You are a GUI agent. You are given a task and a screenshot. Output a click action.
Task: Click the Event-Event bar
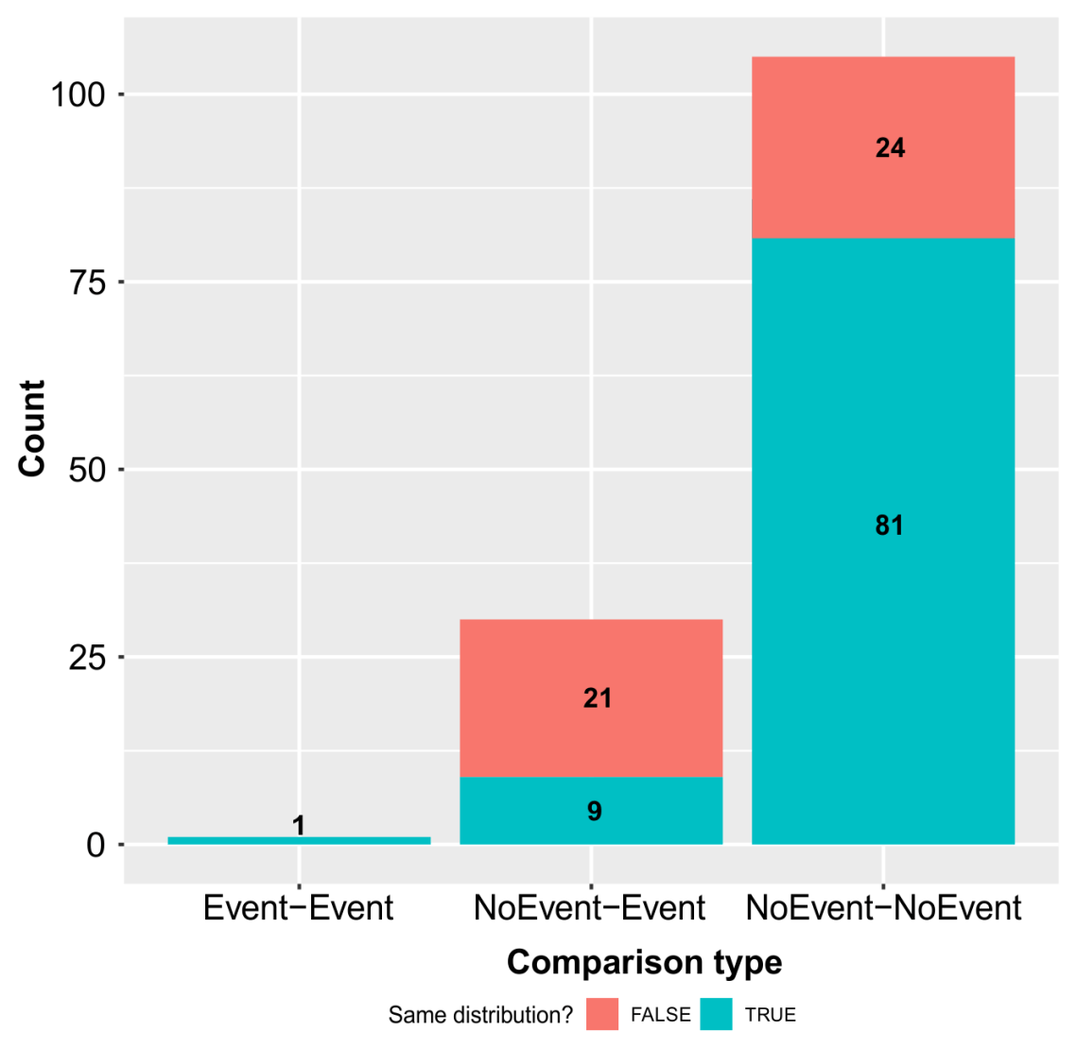299,840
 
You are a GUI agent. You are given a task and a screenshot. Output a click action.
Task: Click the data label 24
890,147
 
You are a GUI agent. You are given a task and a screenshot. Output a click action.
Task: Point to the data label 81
890,525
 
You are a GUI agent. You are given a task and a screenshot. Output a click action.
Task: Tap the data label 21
598,698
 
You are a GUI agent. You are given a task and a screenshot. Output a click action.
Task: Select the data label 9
595,811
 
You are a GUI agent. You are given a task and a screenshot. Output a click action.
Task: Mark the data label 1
299,826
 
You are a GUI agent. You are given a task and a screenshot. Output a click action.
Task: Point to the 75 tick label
87,282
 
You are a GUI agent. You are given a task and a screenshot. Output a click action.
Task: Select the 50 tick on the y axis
87,470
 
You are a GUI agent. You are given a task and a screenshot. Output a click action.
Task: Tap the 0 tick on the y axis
96,845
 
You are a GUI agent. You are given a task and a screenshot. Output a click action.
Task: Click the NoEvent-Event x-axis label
589,908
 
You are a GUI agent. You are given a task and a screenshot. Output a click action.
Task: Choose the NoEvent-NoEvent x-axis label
883,908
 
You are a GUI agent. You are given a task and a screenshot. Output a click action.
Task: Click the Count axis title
32,428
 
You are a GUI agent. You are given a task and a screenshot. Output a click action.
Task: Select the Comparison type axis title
644,962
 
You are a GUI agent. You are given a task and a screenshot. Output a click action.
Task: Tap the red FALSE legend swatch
602,1015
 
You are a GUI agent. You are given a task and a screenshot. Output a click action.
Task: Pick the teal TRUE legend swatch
717,1015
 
